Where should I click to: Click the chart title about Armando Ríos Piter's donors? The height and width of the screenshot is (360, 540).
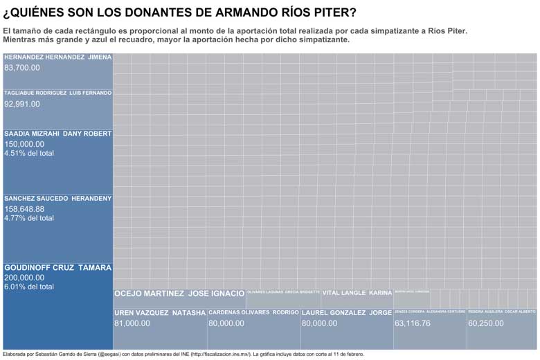(x=180, y=12)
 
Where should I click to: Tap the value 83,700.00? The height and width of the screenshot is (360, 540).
(x=22, y=68)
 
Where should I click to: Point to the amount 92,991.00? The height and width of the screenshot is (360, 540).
(x=22, y=104)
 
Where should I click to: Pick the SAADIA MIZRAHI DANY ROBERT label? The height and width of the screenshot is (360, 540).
(x=57, y=133)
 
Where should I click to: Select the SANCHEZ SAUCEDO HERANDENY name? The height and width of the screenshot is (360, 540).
(x=57, y=199)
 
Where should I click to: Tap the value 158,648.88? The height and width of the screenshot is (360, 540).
(x=24, y=208)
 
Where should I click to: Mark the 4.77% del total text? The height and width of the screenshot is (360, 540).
(x=29, y=218)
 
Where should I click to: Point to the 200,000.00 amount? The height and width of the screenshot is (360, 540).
(x=24, y=278)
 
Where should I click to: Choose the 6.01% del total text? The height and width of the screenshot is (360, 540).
(x=29, y=287)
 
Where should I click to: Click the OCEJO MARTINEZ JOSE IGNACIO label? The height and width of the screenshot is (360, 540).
(x=179, y=294)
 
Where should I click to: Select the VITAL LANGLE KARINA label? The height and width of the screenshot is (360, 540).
(x=357, y=294)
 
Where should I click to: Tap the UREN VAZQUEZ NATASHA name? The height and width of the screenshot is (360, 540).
(x=160, y=313)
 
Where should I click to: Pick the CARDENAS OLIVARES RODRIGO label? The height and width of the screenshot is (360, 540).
(x=253, y=313)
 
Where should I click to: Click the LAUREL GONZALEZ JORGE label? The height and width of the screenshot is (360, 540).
(x=347, y=313)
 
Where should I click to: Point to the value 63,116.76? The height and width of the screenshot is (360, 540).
(x=413, y=323)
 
